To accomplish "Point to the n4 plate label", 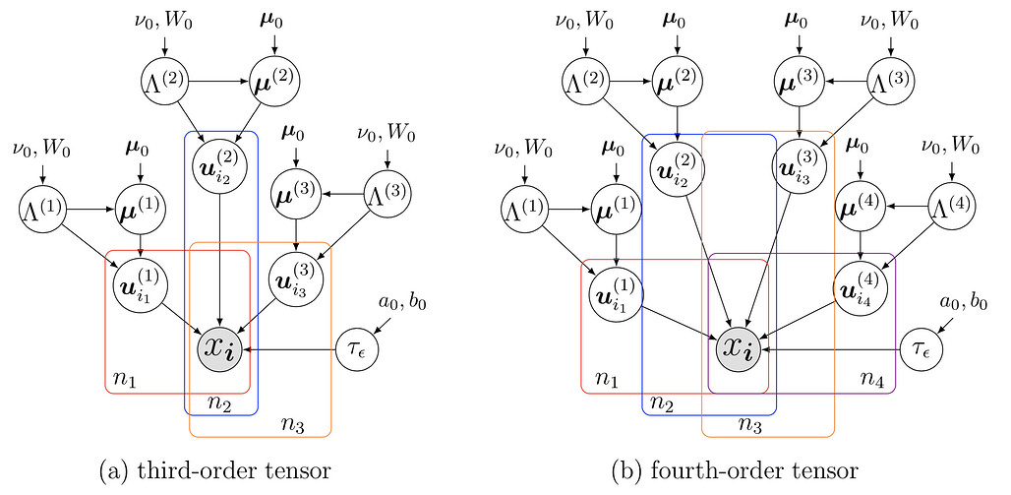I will (874, 378).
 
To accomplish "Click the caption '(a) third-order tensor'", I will (214, 471).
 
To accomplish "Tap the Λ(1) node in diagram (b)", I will (524, 209).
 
